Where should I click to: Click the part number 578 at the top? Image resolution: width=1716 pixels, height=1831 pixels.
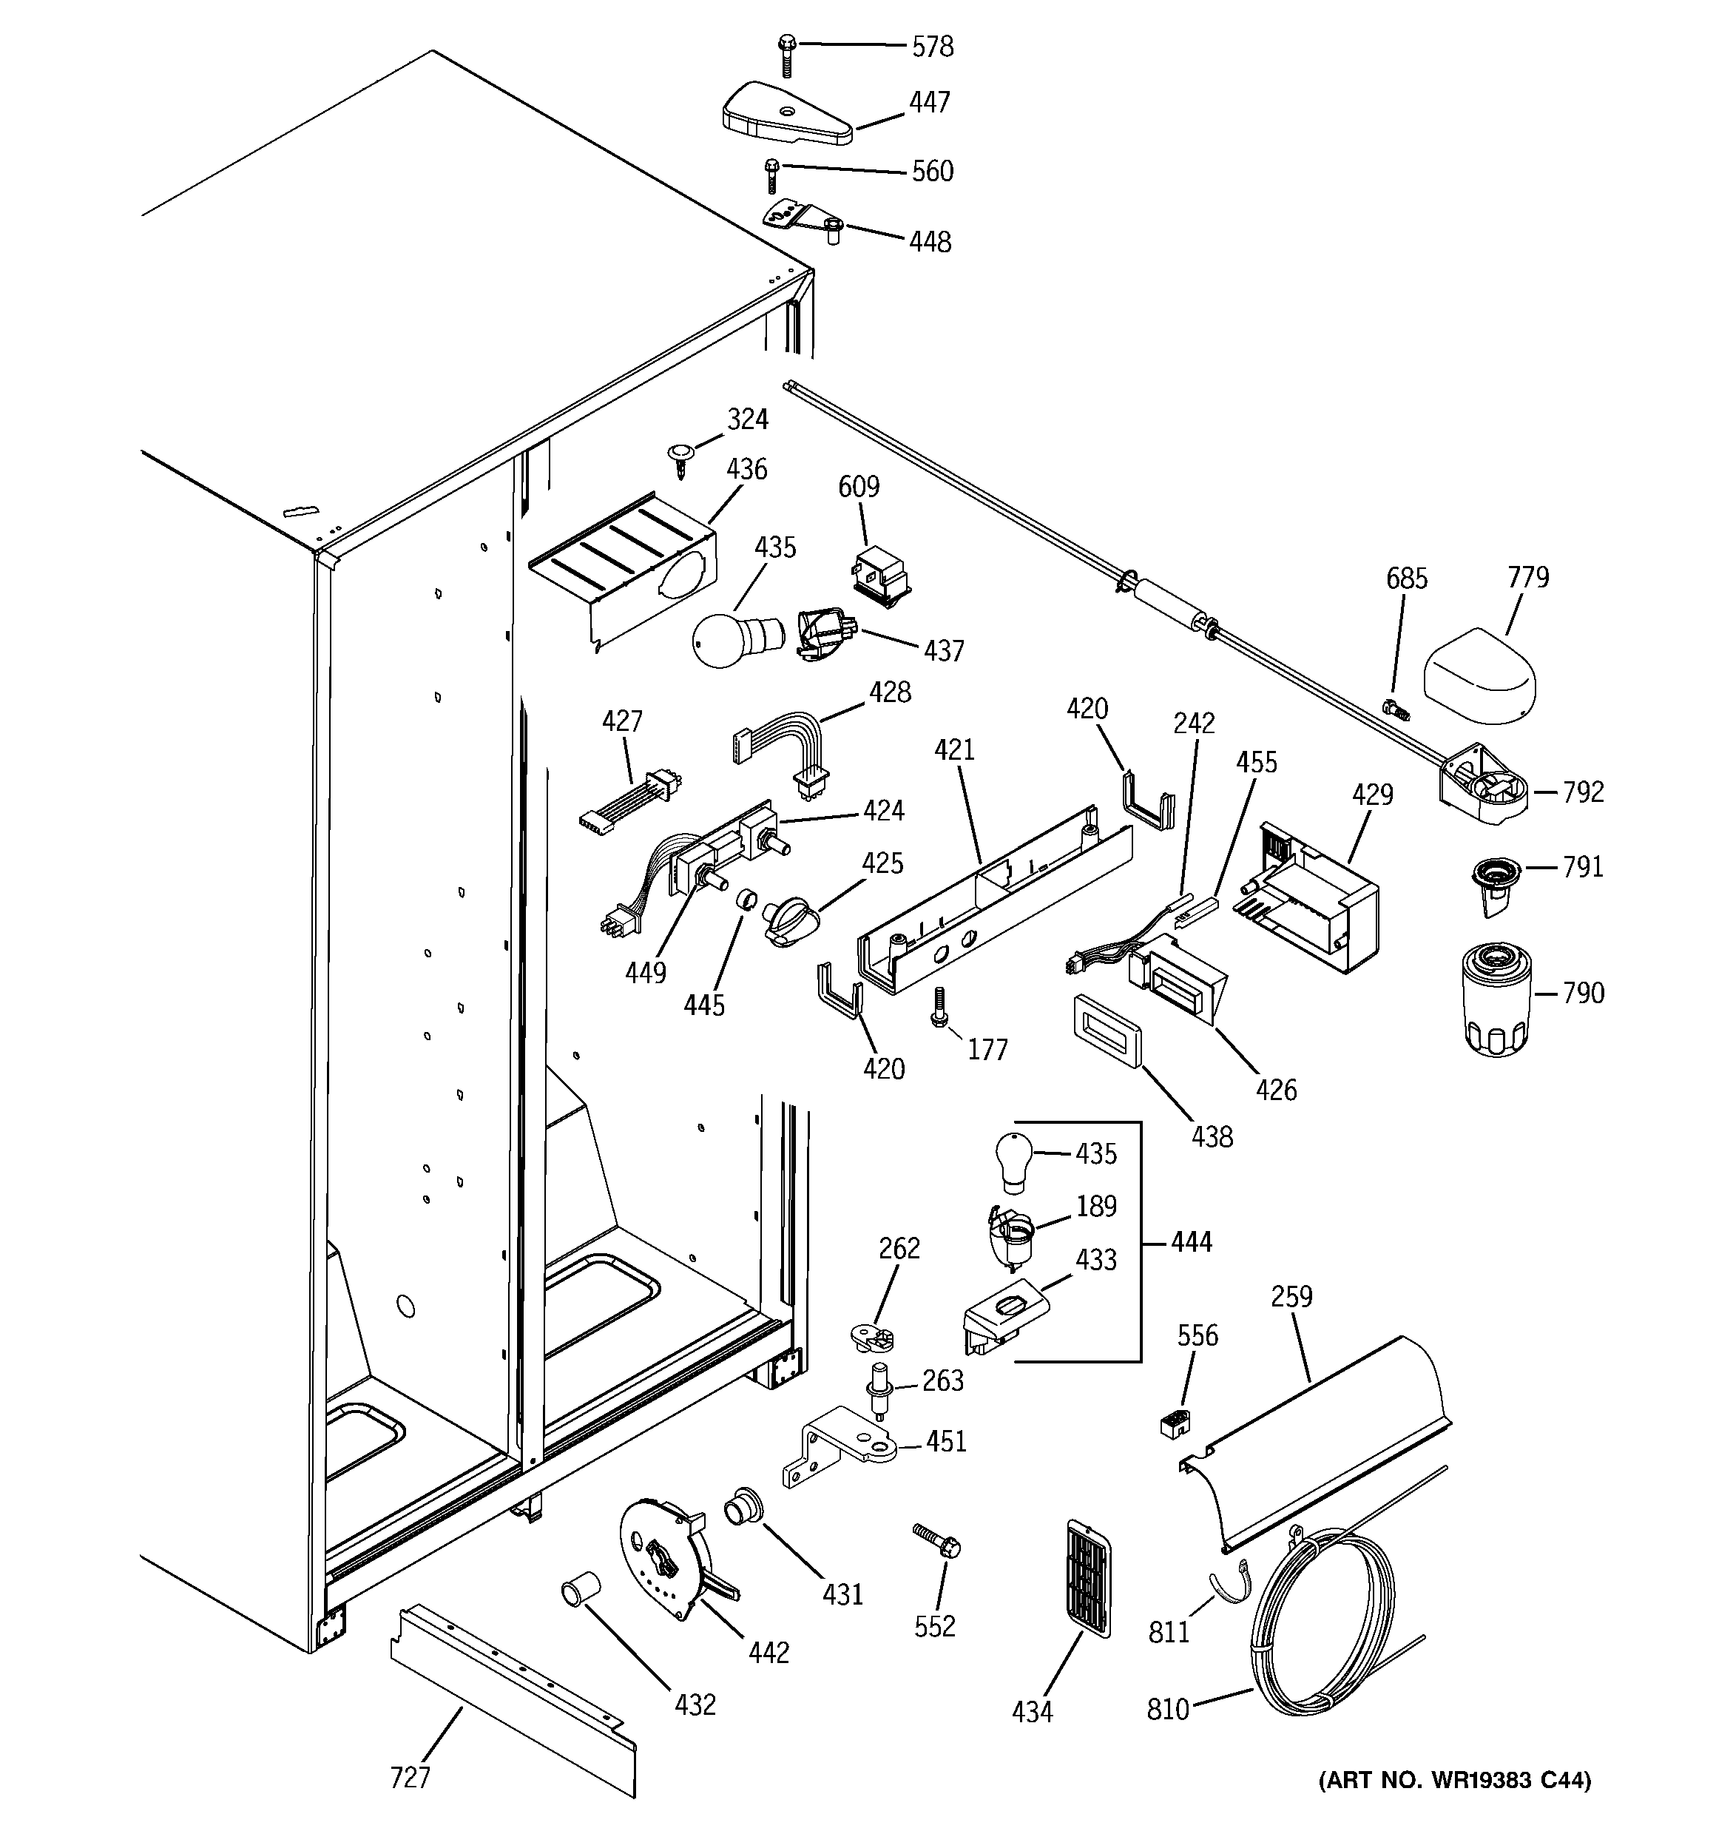coord(931,47)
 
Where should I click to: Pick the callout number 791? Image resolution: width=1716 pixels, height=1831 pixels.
coord(1582,867)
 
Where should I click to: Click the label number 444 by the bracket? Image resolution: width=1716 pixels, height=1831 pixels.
coord(1191,1242)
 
